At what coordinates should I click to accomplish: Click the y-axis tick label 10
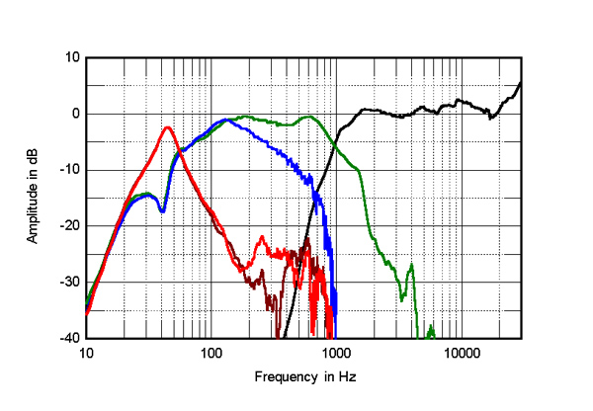(x=71, y=57)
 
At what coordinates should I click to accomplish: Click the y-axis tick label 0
(x=74, y=114)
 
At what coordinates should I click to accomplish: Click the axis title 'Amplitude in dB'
(x=32, y=198)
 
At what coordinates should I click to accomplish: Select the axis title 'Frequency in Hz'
(x=304, y=377)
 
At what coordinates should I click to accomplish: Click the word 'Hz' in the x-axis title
(x=346, y=377)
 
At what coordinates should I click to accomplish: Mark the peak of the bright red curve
(x=168, y=126)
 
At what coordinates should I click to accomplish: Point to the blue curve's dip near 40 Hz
(x=163, y=209)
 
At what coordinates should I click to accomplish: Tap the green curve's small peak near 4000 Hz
(x=411, y=265)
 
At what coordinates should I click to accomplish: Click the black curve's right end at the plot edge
(x=521, y=83)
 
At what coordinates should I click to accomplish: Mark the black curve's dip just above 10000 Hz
(x=491, y=118)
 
